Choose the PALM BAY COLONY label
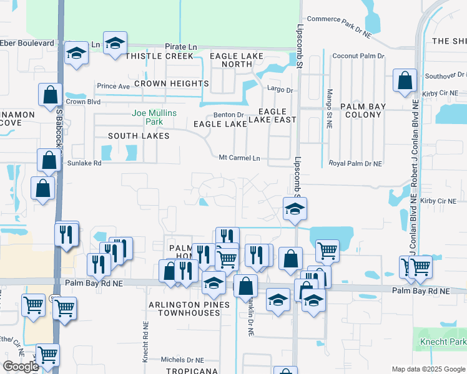[x=365, y=110]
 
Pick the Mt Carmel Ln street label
[x=239, y=158]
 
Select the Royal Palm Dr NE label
[x=355, y=163]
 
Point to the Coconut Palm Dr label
[x=358, y=56]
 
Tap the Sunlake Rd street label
[x=84, y=163]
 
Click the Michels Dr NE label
[x=182, y=360]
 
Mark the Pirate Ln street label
[x=180, y=47]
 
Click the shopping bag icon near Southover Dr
[x=405, y=80]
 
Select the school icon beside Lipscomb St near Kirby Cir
[x=295, y=208]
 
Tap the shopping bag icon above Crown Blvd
[x=50, y=95]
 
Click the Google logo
[x=20, y=367]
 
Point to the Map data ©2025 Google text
[x=428, y=369]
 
